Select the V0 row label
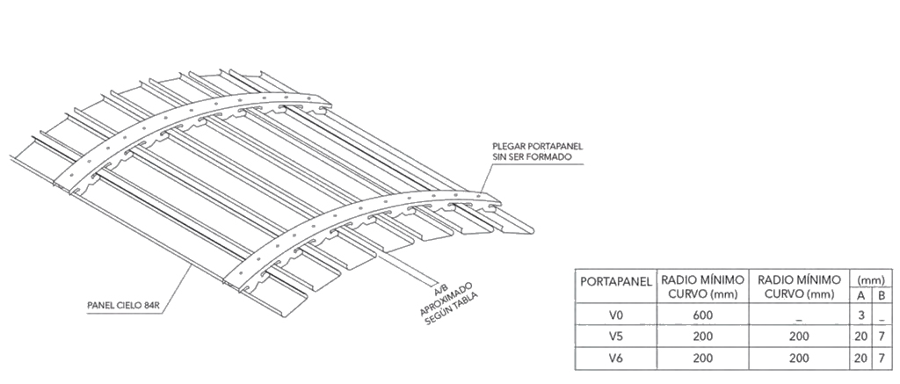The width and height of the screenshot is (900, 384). (x=614, y=314)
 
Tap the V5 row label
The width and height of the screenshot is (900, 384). (x=614, y=336)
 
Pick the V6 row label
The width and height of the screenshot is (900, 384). (x=614, y=359)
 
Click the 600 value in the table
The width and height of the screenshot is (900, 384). (x=702, y=314)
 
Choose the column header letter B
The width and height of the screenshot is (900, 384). (x=882, y=293)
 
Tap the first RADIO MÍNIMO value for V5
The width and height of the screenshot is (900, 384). (x=702, y=336)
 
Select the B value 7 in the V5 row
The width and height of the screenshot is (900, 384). (x=882, y=336)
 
